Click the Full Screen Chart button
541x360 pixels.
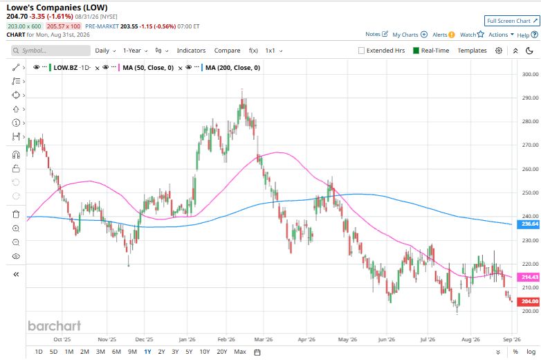click(x=512, y=21)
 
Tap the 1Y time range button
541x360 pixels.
click(x=147, y=352)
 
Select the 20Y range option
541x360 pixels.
click(x=222, y=352)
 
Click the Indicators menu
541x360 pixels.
click(x=191, y=51)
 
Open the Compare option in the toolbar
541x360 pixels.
click(x=227, y=51)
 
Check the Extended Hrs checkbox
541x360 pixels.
click(x=362, y=51)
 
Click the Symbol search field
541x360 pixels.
click(x=51, y=51)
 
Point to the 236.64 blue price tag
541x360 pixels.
click(x=529, y=224)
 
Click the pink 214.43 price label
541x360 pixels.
click(x=529, y=277)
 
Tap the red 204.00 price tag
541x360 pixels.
click(x=529, y=301)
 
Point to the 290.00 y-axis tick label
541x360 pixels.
click(x=531, y=98)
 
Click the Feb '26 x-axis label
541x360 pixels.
click(x=226, y=339)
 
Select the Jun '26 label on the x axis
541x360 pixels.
click(x=387, y=339)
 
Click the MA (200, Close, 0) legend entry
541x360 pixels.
click(x=233, y=68)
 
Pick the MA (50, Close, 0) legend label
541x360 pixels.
click(x=148, y=68)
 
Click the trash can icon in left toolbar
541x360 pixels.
click(x=16, y=215)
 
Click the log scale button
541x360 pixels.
click(x=531, y=352)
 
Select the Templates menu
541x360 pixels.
click(x=472, y=51)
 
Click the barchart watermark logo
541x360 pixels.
click(x=55, y=325)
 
